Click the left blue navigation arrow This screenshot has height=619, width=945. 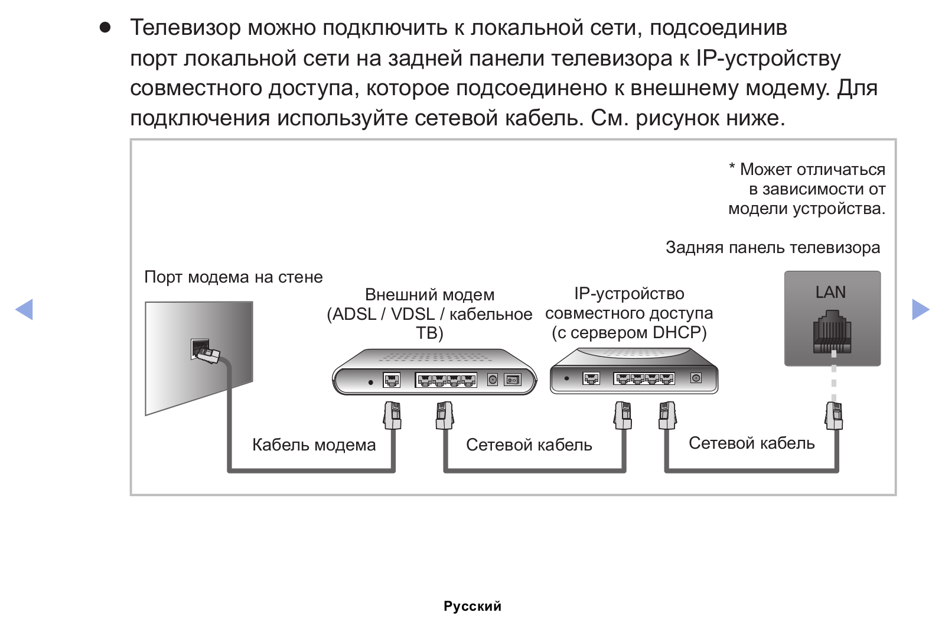24,310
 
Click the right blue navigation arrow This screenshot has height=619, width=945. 921,310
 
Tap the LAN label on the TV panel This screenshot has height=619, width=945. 830,292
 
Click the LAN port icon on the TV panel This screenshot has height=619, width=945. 832,332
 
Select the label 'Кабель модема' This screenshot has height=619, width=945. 314,445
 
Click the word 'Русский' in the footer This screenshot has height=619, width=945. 472,607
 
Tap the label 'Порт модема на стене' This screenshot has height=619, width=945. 233,277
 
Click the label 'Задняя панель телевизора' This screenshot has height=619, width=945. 773,248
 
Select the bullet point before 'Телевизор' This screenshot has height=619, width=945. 105,28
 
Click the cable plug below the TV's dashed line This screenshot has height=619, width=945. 833,416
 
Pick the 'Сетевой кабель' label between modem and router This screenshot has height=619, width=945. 529,445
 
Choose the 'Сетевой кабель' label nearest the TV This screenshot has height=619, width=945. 752,443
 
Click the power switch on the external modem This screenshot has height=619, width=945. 513,380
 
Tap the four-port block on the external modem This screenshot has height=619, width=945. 447,380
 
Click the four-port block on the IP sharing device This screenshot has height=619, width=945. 644,378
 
